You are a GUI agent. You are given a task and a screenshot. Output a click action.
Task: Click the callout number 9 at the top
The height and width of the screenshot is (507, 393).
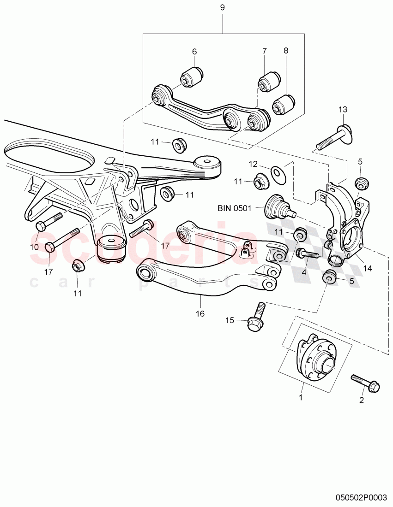pos(223,8)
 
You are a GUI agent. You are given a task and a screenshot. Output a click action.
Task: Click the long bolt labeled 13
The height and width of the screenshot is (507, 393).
pos(333,138)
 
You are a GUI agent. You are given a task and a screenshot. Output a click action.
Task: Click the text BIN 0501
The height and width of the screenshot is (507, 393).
pos(234,208)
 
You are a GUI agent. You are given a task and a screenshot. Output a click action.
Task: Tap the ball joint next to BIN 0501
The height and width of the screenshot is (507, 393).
pos(278,206)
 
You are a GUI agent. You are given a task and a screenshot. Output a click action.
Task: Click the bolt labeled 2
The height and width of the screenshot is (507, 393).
pos(365,383)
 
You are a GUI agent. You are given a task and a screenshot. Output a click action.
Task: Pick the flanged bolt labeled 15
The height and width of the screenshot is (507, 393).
pos(256,318)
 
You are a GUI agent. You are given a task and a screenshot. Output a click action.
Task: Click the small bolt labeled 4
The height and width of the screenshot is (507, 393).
pos(308,254)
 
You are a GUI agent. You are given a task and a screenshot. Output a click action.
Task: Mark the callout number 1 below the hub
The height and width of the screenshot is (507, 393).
pos(301,396)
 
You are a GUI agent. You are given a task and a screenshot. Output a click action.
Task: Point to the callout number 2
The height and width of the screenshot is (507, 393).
pos(362,401)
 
